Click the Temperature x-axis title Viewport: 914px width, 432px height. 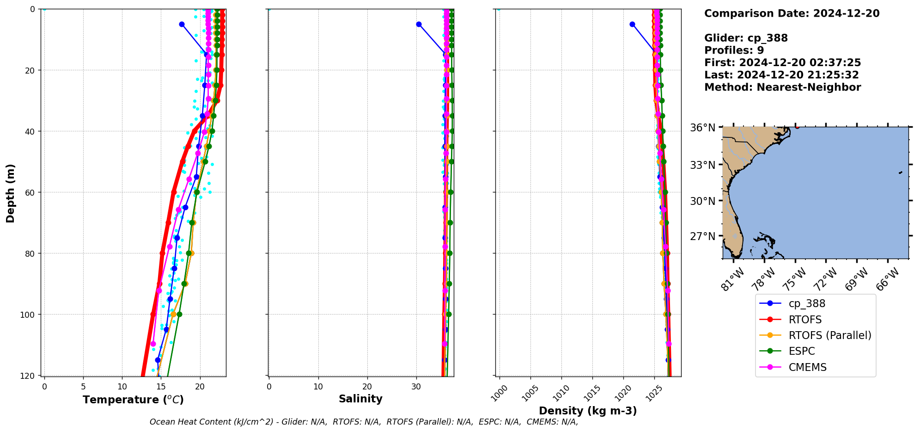133,400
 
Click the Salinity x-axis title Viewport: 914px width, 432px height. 360,399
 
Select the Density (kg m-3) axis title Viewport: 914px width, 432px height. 588,411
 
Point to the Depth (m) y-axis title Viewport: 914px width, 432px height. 11,193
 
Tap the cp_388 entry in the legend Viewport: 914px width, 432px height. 807,303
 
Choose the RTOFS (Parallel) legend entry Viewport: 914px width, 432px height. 830,335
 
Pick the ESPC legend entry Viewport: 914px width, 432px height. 802,351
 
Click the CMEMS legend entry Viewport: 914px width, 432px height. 807,367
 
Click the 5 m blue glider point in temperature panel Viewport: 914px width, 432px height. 182,24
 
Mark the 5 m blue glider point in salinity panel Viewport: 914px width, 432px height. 419,24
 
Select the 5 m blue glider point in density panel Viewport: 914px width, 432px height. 632,24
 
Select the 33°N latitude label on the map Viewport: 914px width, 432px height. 703,165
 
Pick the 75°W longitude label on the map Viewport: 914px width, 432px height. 793,279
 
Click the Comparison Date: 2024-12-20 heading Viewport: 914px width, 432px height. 792,13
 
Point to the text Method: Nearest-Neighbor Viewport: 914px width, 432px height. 782,87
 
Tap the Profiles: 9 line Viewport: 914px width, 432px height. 734,50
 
